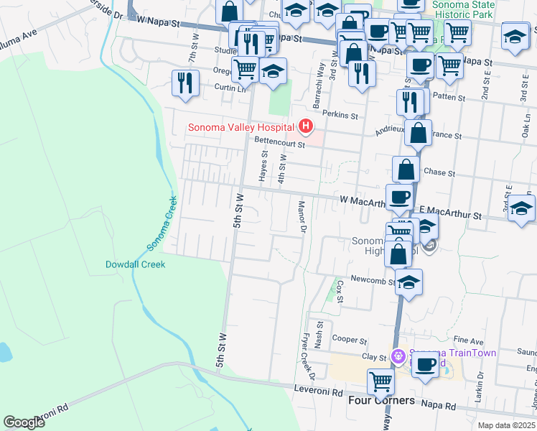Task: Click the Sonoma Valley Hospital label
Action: point(241,128)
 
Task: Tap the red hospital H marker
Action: point(307,127)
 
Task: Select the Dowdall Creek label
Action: point(136,264)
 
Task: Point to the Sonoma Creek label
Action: point(162,223)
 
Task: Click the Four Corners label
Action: point(381,400)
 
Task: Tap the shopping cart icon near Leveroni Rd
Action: point(380,380)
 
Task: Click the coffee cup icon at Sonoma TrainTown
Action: point(425,364)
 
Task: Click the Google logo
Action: point(24,422)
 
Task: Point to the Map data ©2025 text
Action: point(506,425)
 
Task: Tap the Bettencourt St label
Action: point(280,142)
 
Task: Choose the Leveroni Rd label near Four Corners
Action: point(318,392)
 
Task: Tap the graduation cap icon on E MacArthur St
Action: point(521,208)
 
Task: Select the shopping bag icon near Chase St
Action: point(406,170)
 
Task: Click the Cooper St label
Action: point(350,340)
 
